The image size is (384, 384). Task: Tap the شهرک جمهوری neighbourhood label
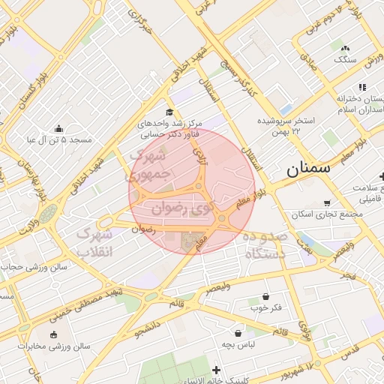(151, 166)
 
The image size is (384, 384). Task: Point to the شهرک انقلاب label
(94, 242)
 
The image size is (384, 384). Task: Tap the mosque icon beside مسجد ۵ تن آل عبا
(59, 128)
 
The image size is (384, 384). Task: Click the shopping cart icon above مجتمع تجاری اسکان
(327, 202)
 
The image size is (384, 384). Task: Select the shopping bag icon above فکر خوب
(267, 297)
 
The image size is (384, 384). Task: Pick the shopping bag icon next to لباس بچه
(238, 333)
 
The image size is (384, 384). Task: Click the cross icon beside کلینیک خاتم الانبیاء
(217, 370)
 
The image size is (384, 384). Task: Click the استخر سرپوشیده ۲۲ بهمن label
(285, 125)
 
